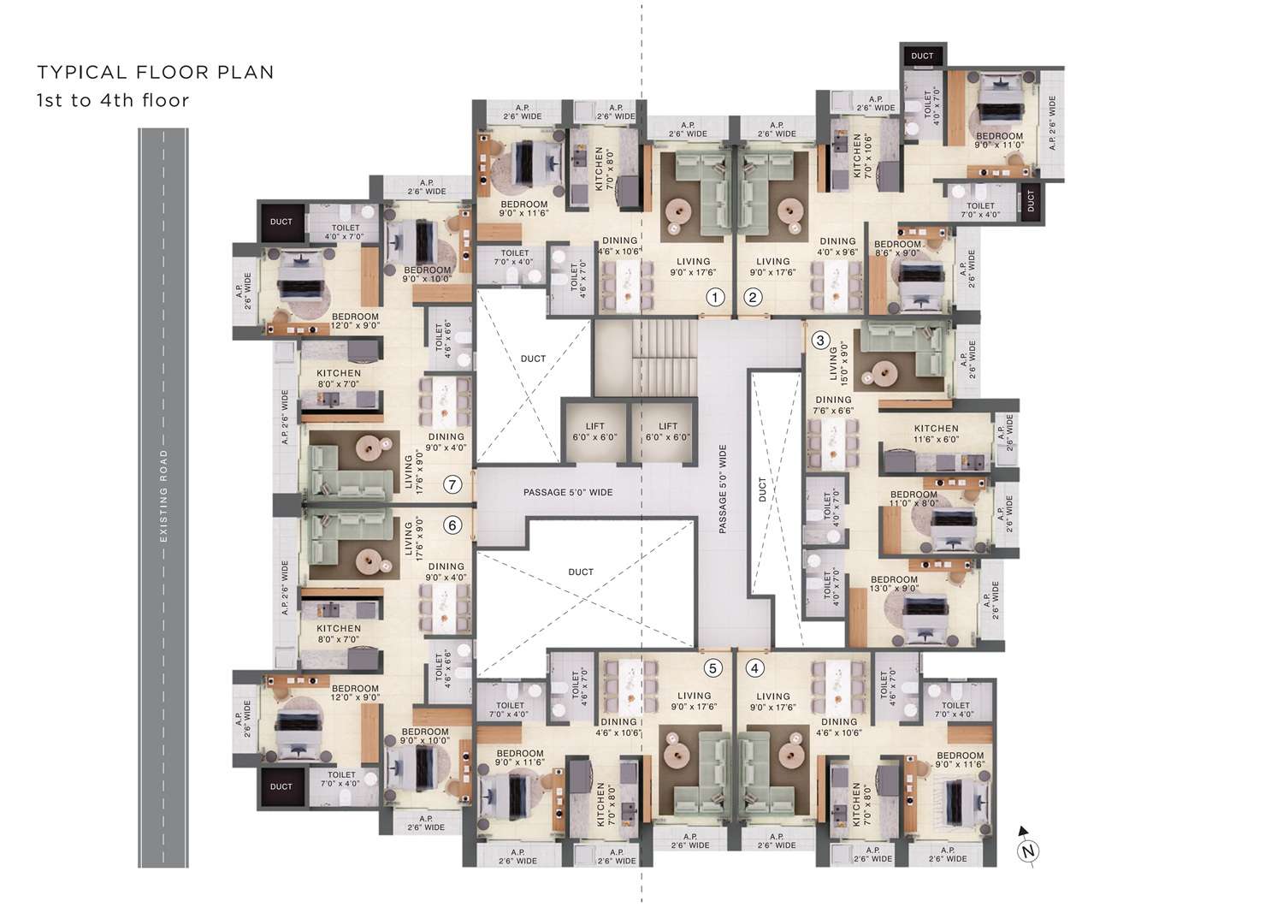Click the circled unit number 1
coord(715,297)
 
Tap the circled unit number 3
coord(820,341)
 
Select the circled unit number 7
coord(452,484)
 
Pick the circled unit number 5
coord(712,668)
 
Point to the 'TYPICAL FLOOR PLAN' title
coord(156,72)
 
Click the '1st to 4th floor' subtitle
coord(113,100)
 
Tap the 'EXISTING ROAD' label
coord(164,496)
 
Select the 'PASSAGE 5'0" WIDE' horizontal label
coord(568,492)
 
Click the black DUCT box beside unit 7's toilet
coord(281,222)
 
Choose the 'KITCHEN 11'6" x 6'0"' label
coord(936,434)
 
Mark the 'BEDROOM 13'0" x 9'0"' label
coord(894,584)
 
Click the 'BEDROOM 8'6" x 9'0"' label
coord(897,248)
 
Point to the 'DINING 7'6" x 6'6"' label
coord(833,405)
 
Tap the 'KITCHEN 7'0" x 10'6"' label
coord(862,156)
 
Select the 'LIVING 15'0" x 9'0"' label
coord(838,363)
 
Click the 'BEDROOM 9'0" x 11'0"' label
coord(1000,140)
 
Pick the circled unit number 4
coord(755,668)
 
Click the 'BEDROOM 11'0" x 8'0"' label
coord(913,499)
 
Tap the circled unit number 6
coord(452,525)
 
